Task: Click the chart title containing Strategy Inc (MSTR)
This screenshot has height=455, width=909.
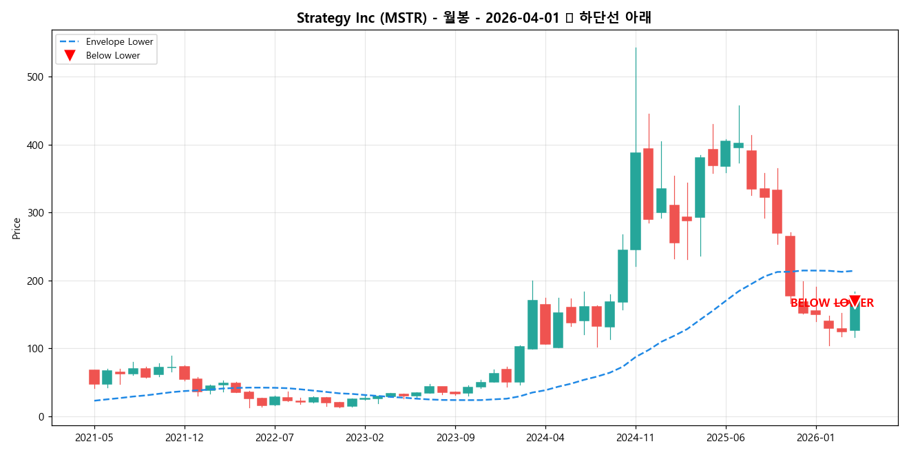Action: pos(474,18)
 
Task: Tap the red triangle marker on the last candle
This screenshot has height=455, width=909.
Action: pos(855,301)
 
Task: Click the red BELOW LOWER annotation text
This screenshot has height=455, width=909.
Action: pos(831,303)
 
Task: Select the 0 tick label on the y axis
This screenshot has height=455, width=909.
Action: pos(40,416)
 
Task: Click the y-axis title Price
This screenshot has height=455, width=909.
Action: pos(17,228)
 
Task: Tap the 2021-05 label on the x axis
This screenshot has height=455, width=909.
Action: pos(94,437)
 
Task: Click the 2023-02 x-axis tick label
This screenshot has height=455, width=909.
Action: pos(365,437)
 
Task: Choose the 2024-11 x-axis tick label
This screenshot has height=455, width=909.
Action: pos(636,437)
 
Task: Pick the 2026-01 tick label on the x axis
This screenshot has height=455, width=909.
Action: pos(816,437)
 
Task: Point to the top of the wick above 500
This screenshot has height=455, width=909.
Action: pos(636,48)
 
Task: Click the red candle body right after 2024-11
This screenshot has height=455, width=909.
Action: pos(648,184)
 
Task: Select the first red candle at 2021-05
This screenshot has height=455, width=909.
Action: pos(94,377)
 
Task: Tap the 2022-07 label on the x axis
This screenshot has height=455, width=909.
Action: pos(275,437)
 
